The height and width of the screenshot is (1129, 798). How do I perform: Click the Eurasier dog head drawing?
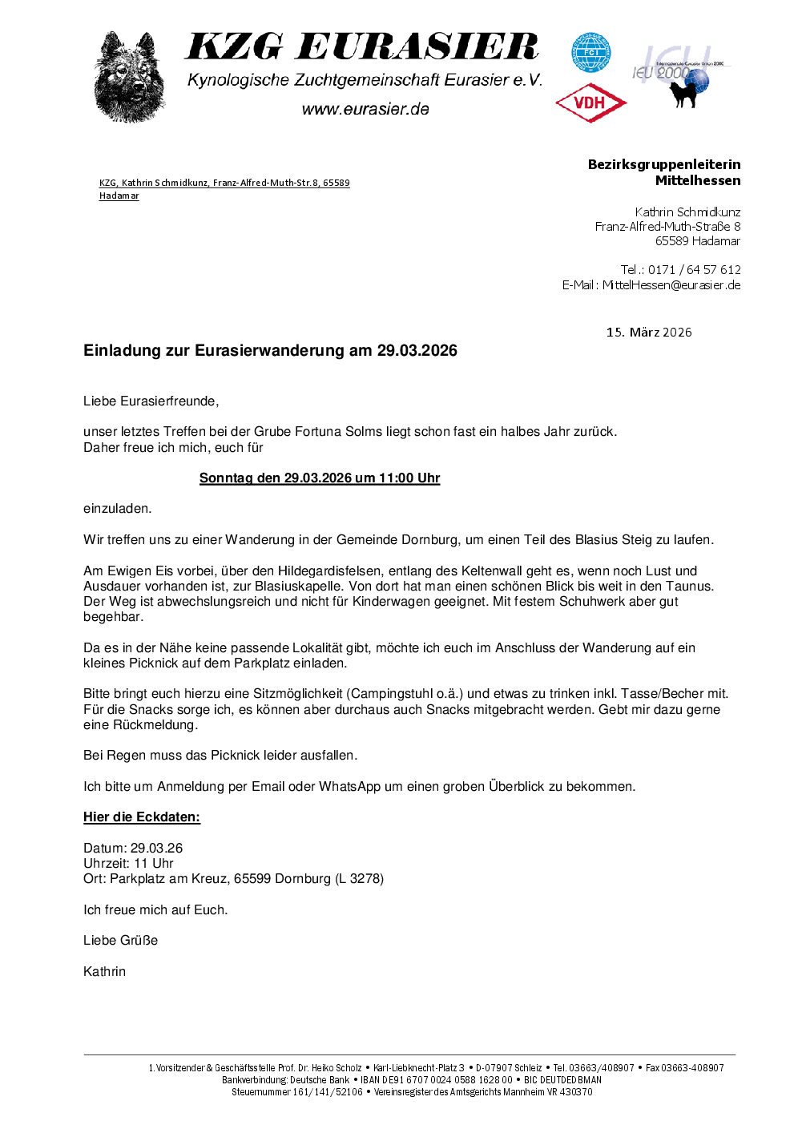pos(129,77)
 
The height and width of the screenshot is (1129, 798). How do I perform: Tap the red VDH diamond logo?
pos(590,103)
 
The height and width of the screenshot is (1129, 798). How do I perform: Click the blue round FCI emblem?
pos(590,52)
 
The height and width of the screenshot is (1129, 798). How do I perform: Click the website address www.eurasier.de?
pos(365,109)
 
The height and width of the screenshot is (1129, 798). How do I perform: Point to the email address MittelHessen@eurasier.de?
pos(671,285)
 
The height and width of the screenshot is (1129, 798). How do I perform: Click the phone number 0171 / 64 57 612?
pos(694,270)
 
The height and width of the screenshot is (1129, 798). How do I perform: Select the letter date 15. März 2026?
pos(649,333)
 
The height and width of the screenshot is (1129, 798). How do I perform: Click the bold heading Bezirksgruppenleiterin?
pos(664,164)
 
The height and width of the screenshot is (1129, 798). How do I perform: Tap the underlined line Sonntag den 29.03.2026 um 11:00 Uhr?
pos(320,478)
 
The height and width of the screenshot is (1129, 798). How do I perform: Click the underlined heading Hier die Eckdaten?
pos(142,817)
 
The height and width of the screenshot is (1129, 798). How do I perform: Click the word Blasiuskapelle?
pos(298,587)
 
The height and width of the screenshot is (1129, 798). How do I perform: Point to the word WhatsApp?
pos(349,787)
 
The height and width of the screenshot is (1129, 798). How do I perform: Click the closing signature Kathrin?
pos(104,972)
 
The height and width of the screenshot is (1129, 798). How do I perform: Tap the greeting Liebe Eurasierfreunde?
pos(151,401)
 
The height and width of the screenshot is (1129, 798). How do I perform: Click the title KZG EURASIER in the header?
pos(362,47)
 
